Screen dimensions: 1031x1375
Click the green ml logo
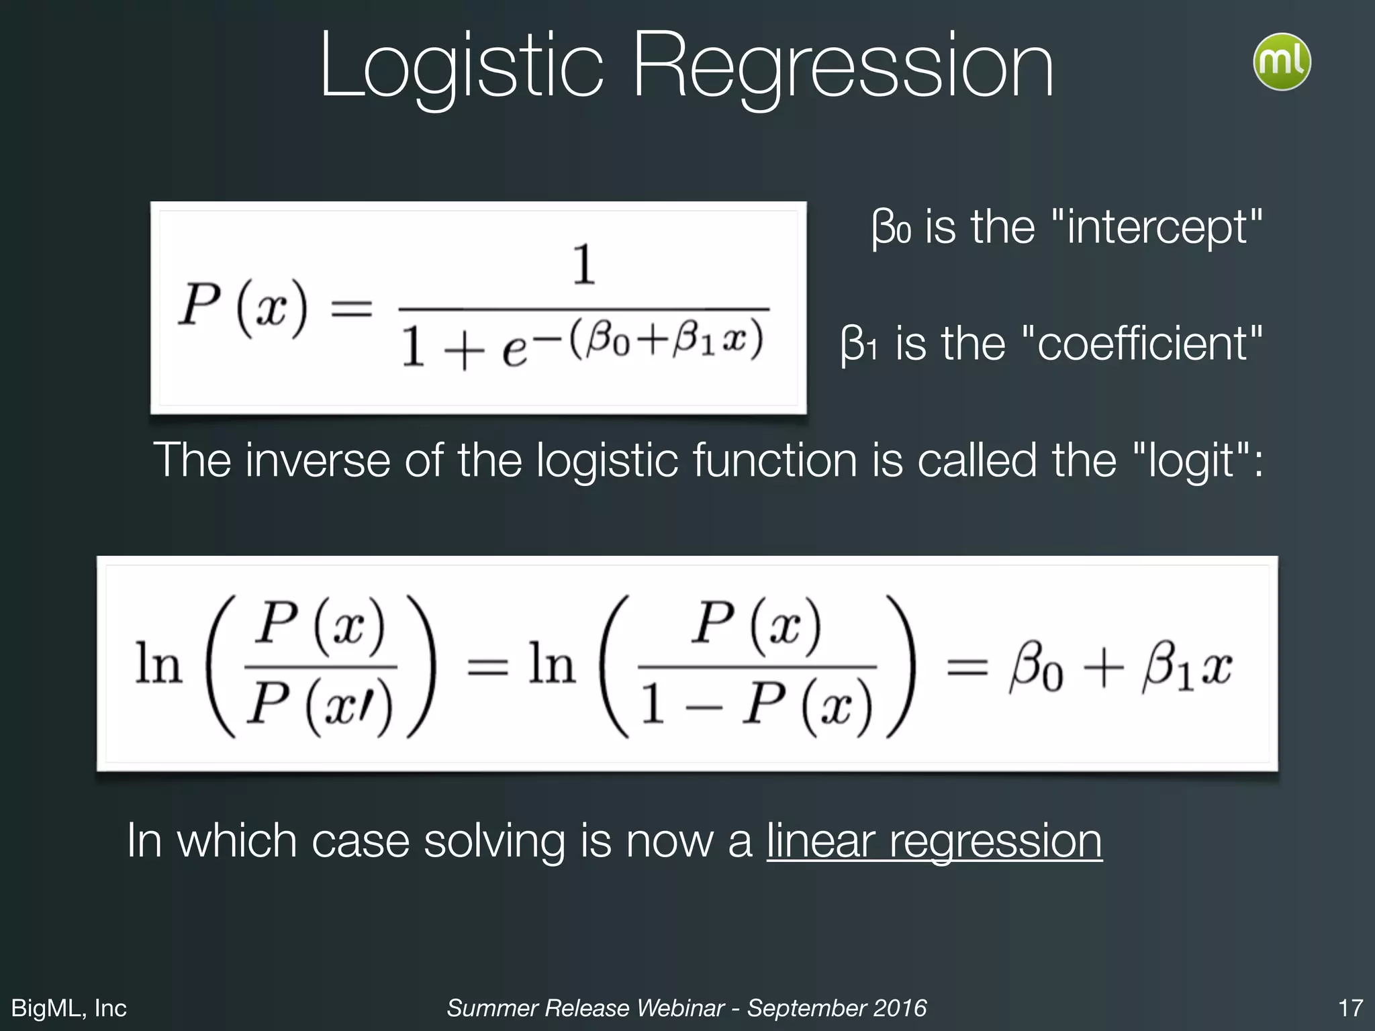[x=1282, y=61]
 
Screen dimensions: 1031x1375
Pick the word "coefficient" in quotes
[x=1141, y=343]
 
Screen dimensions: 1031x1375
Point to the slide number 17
[x=1350, y=1008]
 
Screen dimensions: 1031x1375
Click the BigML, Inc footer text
[x=69, y=1008]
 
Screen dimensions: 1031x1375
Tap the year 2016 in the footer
[x=900, y=1008]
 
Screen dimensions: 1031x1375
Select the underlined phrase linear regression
[x=934, y=840]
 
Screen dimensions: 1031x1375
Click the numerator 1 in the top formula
[x=583, y=264]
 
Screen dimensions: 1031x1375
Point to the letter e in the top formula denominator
[x=514, y=351]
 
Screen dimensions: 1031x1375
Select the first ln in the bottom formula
[x=158, y=665]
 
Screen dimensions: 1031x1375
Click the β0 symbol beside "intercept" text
[x=890, y=228]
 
